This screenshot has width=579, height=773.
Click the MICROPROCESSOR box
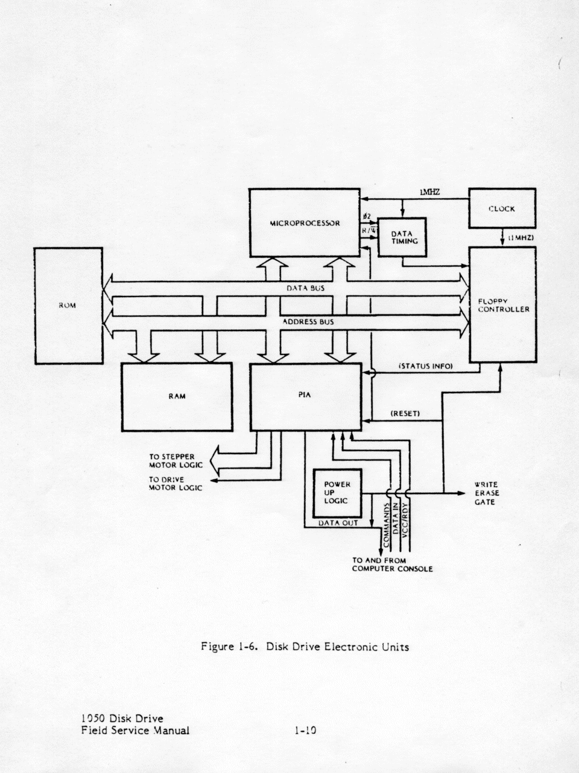[x=305, y=223]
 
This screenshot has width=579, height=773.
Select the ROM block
[x=68, y=306]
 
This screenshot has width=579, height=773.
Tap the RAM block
[x=177, y=396]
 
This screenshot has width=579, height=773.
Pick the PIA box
[x=305, y=396]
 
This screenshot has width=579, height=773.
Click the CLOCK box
[x=502, y=209]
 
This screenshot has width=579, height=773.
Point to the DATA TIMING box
[x=401, y=237]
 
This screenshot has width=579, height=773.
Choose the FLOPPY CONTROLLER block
[x=503, y=305]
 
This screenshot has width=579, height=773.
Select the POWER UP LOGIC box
[x=337, y=492]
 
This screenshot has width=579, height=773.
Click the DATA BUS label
[x=305, y=288]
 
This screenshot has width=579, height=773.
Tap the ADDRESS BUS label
[x=308, y=322]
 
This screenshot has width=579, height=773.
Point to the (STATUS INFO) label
[x=426, y=367]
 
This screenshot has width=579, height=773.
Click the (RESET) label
[x=405, y=414]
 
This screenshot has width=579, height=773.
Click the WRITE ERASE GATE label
[x=486, y=493]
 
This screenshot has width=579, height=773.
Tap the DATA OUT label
[x=338, y=523]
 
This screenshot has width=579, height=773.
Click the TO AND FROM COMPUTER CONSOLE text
[x=392, y=565]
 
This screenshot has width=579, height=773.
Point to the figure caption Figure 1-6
[x=305, y=647]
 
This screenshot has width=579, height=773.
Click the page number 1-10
[x=302, y=730]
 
